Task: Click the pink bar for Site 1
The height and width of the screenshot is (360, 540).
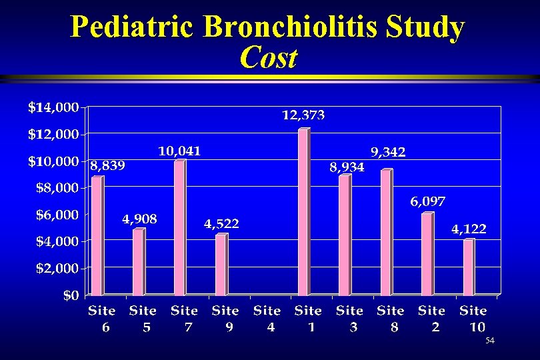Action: [x=303, y=212]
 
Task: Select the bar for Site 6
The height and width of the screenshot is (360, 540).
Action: [x=97, y=236]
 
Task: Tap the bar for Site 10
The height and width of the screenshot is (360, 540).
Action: [x=469, y=267]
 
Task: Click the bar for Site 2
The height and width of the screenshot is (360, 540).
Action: [x=427, y=254]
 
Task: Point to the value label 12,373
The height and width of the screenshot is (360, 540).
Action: [x=303, y=116]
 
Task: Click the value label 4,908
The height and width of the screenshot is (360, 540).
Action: [x=139, y=219]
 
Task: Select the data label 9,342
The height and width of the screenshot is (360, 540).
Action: [x=388, y=153]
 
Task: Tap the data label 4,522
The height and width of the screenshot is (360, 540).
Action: [x=221, y=224]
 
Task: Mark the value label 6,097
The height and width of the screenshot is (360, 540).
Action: [x=427, y=201]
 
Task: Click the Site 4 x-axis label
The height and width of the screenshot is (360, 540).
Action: [x=267, y=318]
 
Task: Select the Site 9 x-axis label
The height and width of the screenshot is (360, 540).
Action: [x=225, y=318]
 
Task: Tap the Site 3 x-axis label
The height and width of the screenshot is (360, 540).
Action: [x=349, y=318]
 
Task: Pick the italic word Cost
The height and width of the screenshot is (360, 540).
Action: [x=268, y=58]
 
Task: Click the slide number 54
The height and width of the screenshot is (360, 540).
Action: [x=490, y=341]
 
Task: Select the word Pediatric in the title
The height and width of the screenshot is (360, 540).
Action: [x=133, y=27]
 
